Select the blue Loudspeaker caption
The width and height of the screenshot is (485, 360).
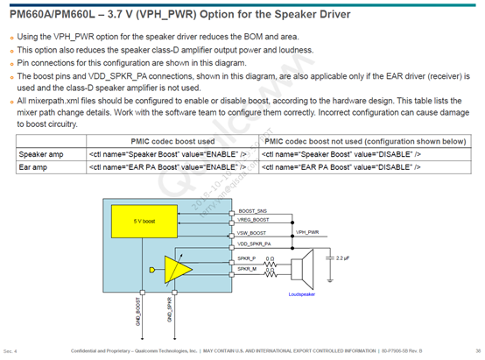pyautogui.click(x=301, y=295)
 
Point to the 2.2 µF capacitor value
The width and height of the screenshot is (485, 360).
pyautogui.click(x=344, y=260)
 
